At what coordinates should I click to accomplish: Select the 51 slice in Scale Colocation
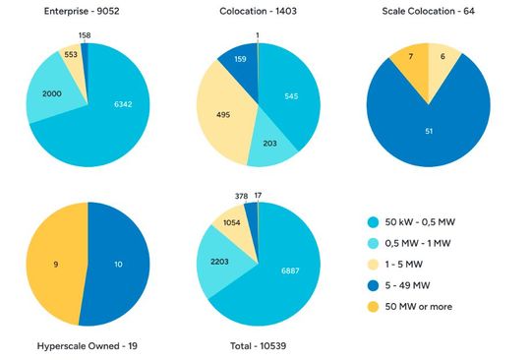(428, 128)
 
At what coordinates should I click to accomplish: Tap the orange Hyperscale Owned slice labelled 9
(56, 264)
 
